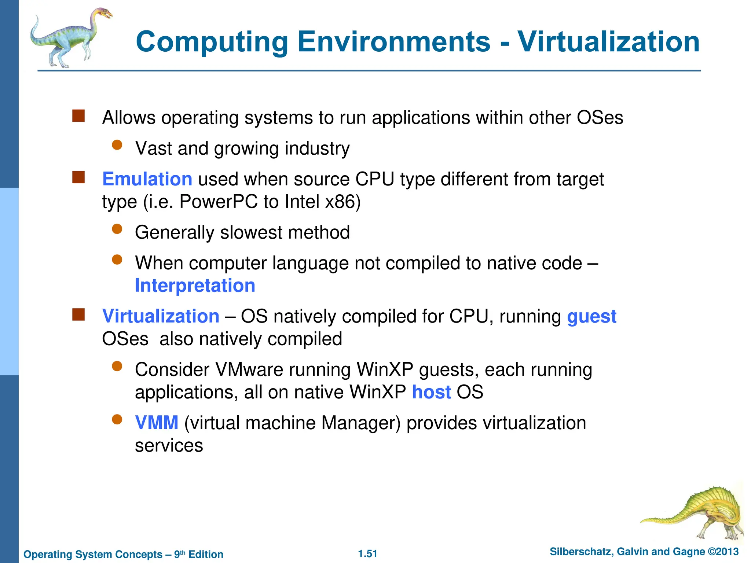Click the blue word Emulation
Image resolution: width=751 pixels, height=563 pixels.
point(147,179)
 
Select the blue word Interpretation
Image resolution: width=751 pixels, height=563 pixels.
point(195,286)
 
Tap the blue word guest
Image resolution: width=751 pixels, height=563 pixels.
point(591,317)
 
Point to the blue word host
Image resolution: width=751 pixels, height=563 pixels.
point(431,392)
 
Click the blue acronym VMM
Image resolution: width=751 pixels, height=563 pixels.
point(157,423)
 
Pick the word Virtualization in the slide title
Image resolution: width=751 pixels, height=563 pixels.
point(608,41)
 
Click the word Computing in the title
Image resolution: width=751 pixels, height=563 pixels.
point(212,42)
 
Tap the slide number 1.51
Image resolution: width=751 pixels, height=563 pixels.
point(367,554)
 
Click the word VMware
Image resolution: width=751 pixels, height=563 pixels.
point(249,370)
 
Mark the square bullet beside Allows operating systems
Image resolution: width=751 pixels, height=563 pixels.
point(78,116)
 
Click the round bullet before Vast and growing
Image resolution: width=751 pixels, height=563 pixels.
point(117,145)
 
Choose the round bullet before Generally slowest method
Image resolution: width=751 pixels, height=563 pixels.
point(117,229)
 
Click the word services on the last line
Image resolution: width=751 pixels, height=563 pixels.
point(169,446)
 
